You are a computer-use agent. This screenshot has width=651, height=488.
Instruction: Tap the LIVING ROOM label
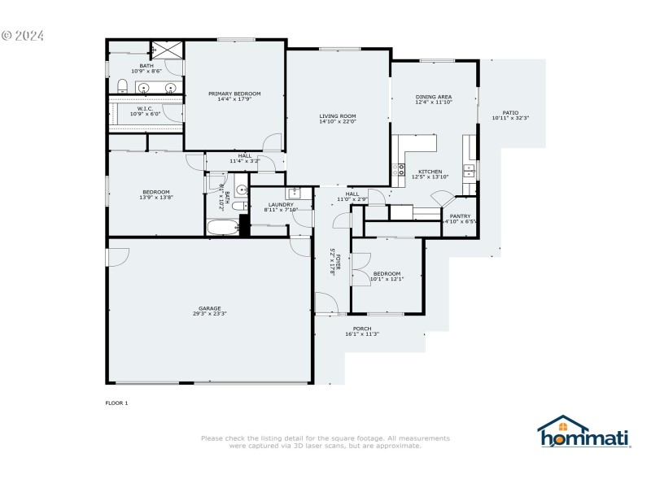pos(338,116)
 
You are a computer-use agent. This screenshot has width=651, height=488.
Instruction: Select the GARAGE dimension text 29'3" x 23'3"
pos(210,314)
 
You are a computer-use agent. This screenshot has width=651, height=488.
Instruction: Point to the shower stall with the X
pos(168,50)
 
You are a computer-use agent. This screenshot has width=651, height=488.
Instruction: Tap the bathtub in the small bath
pos(222,226)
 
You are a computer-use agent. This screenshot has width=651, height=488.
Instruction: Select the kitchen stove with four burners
pos(400,170)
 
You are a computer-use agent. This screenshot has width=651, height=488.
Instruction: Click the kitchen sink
pos(470,170)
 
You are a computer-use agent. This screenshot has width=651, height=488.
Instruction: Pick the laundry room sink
pos(294,193)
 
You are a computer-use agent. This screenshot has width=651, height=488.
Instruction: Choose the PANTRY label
pos(460,216)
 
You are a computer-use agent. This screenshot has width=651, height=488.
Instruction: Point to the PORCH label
pos(362,329)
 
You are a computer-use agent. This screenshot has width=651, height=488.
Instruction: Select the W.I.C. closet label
pos(145,108)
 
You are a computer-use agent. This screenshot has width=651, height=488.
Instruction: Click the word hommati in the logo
pos(585,438)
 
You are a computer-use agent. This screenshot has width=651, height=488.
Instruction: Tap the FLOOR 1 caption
pos(116,403)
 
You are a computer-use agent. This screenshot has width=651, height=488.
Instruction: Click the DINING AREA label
pos(433,97)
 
